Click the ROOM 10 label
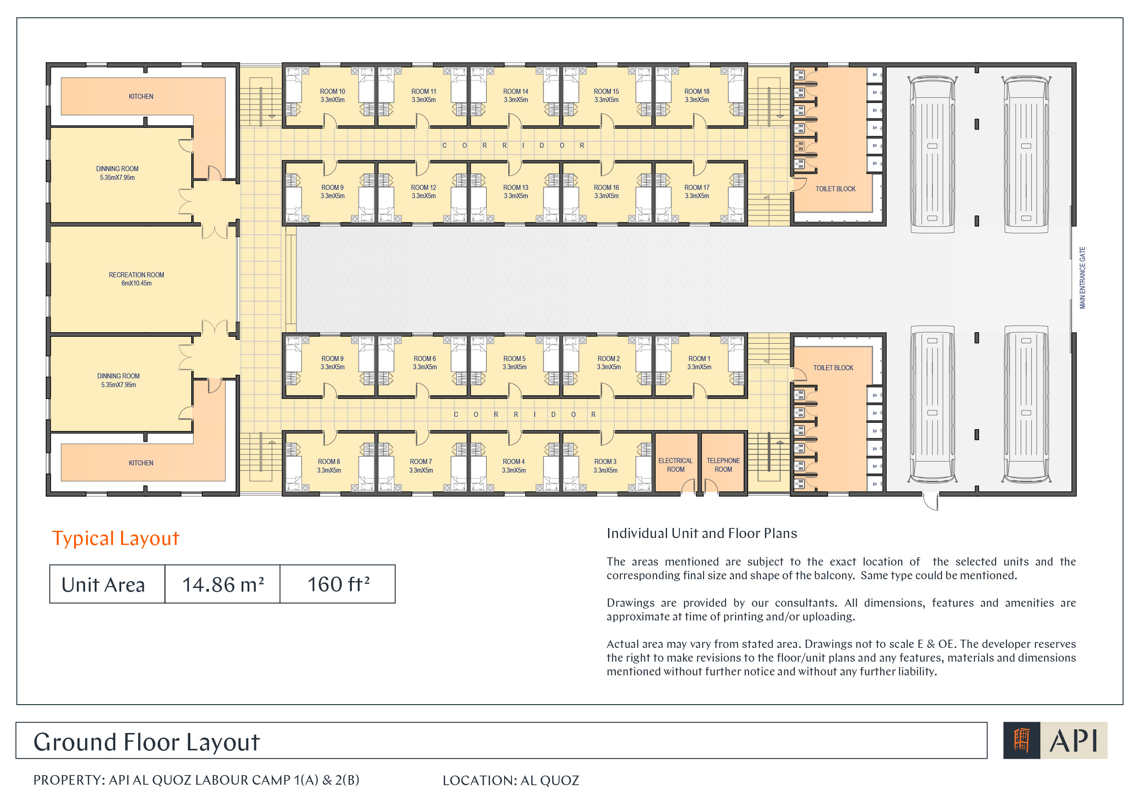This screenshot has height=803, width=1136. tap(333, 92)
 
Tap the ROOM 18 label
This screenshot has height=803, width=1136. tap(697, 92)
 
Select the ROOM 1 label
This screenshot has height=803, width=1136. tap(699, 359)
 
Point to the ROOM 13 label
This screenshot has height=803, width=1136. tap(516, 188)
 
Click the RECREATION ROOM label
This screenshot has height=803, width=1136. tap(136, 275)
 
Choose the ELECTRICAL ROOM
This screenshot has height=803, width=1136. tap(676, 465)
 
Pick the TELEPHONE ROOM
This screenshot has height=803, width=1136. tap(723, 465)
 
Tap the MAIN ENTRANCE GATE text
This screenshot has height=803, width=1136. tap(1082, 278)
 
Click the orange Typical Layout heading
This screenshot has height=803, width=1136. tap(116, 538)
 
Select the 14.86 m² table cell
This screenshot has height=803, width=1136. tap(223, 584)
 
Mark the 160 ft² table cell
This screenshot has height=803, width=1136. tap(338, 584)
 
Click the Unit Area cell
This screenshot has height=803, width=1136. tap(108, 584)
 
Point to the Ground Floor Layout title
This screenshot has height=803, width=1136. tap(146, 742)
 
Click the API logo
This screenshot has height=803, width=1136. tap(1055, 740)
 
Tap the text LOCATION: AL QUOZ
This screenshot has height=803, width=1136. tap(511, 781)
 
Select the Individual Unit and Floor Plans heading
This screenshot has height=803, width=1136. tap(701, 534)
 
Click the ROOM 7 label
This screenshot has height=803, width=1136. tap(420, 462)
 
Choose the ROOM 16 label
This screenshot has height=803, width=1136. tap(606, 188)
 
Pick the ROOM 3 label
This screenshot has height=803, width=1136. tap(606, 462)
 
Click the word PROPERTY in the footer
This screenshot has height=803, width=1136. tap(69, 780)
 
